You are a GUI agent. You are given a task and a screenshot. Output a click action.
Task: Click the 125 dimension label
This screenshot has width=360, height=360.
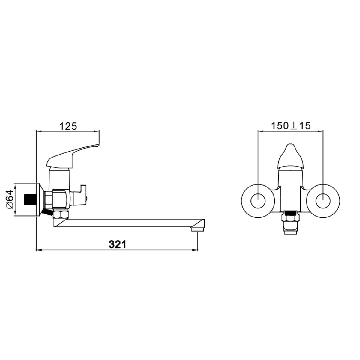point(68,126)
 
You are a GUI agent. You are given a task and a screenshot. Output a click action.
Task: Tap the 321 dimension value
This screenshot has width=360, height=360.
point(118,244)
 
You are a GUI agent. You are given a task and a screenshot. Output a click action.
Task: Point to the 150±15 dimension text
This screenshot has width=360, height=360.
point(291,126)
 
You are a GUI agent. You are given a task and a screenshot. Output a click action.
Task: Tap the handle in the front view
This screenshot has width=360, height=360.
point(290,156)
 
